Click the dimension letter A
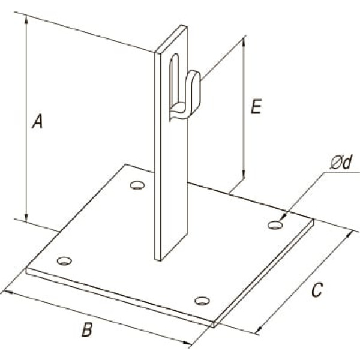[37, 122]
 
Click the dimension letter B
[87, 329]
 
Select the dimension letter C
[317, 290]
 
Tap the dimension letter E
[256, 107]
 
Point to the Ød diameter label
[341, 163]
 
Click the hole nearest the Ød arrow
[275, 225]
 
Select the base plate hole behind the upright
[137, 185]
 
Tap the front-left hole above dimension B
[64, 261]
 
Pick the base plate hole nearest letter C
[202, 301]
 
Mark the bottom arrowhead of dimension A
[26, 218]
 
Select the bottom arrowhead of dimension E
[244, 174]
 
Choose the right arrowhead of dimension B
[187, 343]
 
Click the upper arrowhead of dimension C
[349, 235]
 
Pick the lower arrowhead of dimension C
[259, 330]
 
